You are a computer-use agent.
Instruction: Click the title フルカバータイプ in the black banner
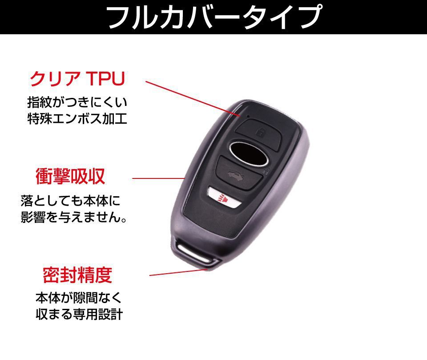[x=213, y=17]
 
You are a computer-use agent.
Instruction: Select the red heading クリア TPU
[x=77, y=79]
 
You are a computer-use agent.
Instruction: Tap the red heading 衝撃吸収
[x=70, y=177]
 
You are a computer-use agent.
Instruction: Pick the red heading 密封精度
[x=77, y=275]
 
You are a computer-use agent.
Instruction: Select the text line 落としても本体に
[x=70, y=201]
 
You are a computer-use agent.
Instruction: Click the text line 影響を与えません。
[x=74, y=218]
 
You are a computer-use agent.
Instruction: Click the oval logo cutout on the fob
[x=248, y=152]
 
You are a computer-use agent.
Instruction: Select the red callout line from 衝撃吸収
[x=158, y=178]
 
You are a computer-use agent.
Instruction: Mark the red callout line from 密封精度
[x=178, y=272]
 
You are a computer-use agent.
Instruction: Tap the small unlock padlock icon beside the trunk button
[x=266, y=173]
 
